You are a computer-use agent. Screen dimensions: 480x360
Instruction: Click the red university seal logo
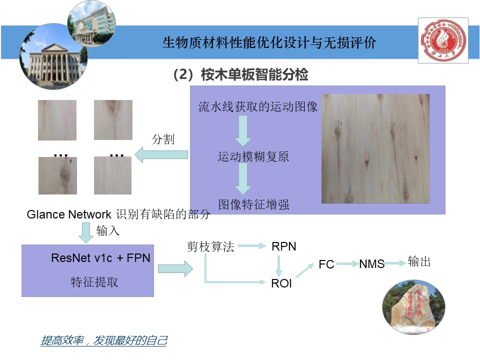(x=442, y=41)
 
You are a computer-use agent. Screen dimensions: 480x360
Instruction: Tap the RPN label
(x=284, y=246)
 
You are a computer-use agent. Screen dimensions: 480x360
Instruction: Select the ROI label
(x=281, y=283)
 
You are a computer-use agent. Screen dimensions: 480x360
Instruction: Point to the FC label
(x=326, y=264)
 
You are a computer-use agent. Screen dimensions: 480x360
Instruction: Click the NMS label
(x=372, y=264)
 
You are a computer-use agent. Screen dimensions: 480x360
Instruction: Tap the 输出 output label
(x=419, y=261)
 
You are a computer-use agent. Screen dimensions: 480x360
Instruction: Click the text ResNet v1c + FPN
(x=100, y=258)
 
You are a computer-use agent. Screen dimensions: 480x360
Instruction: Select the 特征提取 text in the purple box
(x=94, y=282)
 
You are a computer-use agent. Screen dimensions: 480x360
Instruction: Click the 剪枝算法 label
(x=210, y=246)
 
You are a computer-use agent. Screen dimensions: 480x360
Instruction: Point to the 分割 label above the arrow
(x=163, y=139)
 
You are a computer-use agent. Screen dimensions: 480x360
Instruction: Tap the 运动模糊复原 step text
(x=253, y=157)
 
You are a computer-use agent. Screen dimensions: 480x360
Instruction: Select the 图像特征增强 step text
(x=253, y=204)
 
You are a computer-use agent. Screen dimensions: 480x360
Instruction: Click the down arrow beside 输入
(x=86, y=231)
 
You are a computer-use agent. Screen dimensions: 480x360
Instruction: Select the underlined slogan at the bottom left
(x=103, y=341)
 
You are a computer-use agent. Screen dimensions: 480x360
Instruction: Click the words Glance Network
(x=69, y=214)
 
